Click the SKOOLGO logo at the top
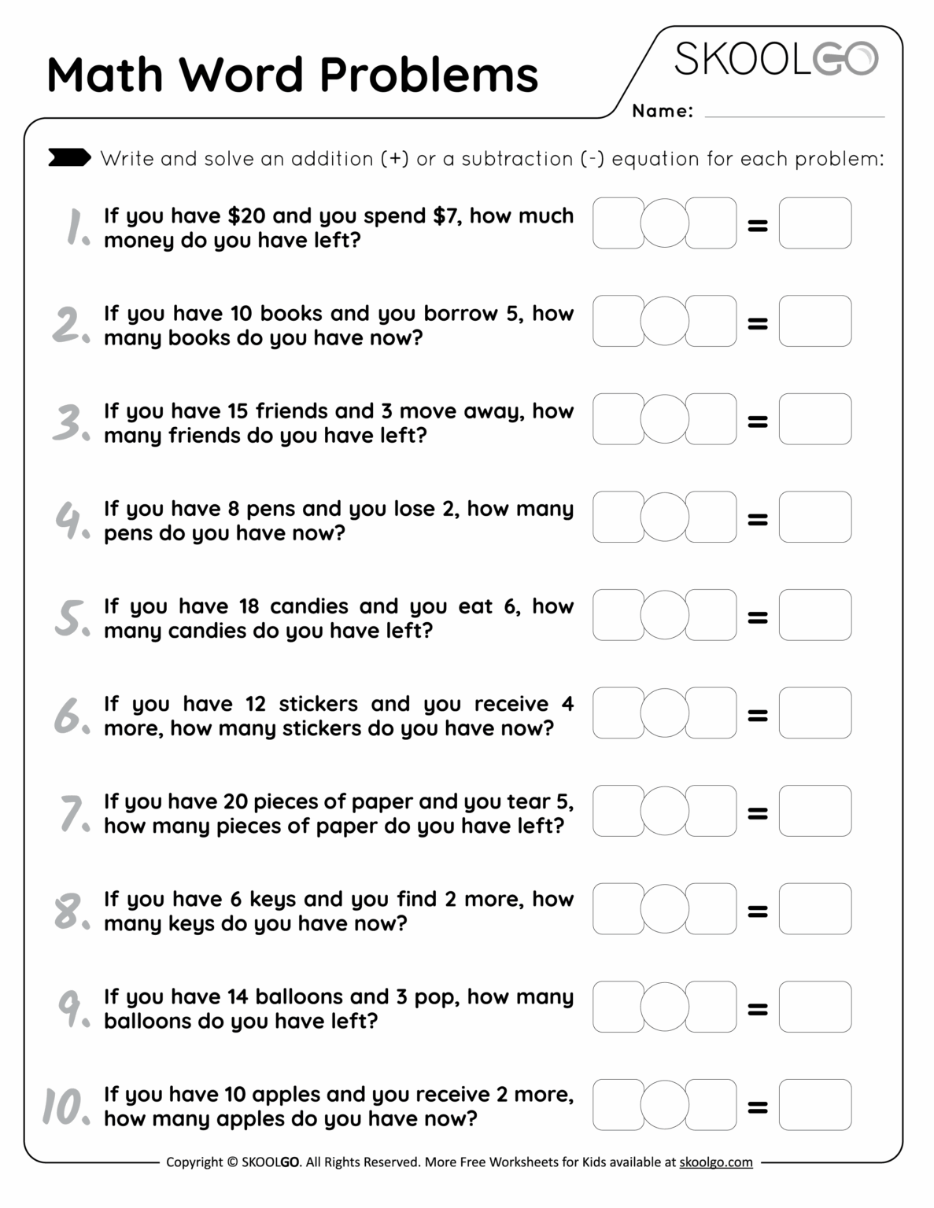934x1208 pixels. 775,60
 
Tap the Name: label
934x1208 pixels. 662,111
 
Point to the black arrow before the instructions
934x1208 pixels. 69,157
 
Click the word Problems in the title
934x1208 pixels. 429,75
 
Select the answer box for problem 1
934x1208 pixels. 814,223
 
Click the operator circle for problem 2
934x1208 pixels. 665,321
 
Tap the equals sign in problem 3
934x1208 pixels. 757,422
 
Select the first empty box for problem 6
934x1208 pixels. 618,713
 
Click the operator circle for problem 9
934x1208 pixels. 665,1006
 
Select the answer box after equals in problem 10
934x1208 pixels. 814,1104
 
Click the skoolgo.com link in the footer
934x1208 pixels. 715,1162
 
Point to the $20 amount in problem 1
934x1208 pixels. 246,215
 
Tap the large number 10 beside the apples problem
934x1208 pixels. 65,1106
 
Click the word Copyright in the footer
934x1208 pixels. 194,1162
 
